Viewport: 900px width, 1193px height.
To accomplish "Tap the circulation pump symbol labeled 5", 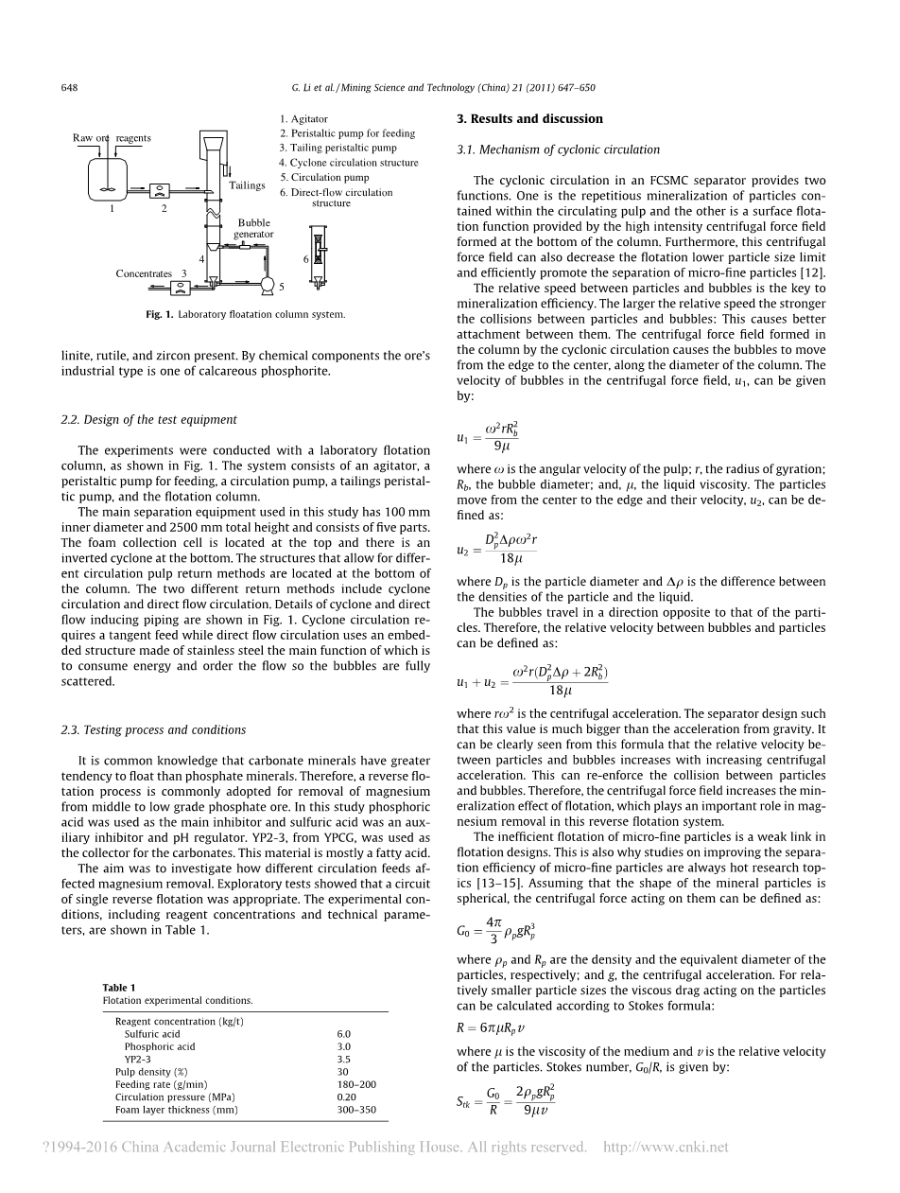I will point(268,283).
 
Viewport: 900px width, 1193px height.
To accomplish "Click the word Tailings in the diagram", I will point(247,185).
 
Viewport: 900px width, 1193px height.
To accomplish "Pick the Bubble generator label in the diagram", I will point(253,229).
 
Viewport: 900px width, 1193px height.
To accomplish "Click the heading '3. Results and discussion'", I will point(528,119).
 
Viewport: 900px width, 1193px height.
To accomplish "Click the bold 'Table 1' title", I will point(119,988).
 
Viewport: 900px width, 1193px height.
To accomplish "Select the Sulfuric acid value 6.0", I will point(343,1034).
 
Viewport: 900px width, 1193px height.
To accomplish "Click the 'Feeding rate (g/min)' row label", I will point(161,1084).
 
